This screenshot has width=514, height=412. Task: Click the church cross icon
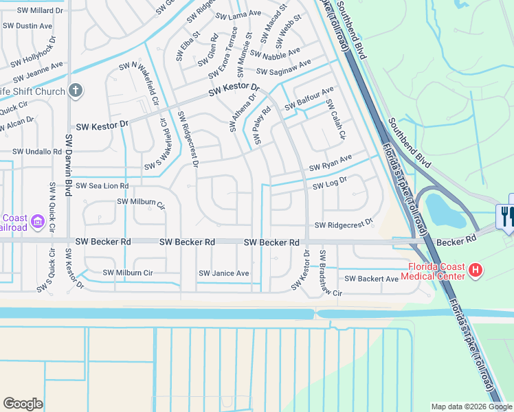click(x=76, y=91)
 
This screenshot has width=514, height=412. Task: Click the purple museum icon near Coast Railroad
click(x=38, y=221)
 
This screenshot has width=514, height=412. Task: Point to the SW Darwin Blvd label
click(x=69, y=165)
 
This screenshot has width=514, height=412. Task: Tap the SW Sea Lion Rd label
click(x=102, y=186)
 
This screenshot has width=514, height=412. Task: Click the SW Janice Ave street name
click(x=223, y=273)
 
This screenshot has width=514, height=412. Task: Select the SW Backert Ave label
click(x=371, y=279)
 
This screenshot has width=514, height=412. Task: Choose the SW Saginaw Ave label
click(x=283, y=67)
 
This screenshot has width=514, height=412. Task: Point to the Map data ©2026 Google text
click(x=471, y=407)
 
